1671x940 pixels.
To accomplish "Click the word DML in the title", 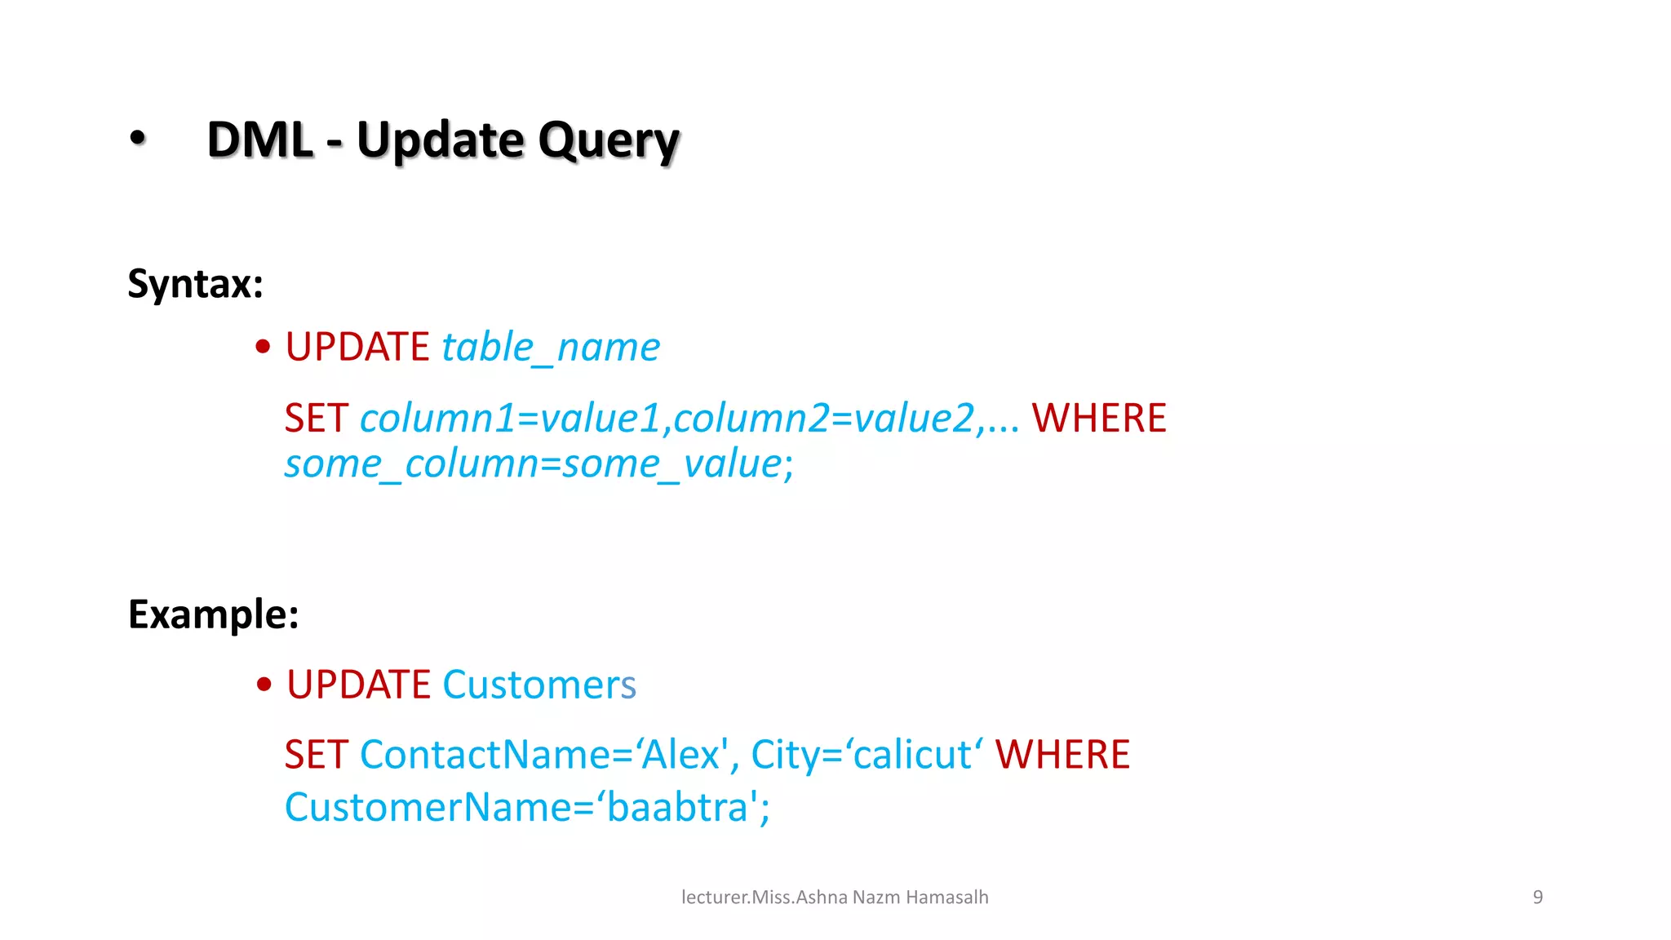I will (260, 140).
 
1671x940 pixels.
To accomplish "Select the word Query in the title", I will (609, 141).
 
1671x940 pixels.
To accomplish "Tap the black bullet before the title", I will (138, 138).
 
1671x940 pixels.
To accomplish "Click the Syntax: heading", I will (196, 284).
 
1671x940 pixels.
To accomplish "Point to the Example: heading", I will (214, 614).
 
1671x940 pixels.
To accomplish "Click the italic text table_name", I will (551, 348).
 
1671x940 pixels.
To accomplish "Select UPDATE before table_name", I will (357, 348).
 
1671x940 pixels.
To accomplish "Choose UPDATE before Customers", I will (358, 685).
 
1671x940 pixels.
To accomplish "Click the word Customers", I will (539, 685).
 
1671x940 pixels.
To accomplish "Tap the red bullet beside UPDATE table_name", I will (263, 347).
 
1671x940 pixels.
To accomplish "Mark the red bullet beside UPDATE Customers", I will (264, 684).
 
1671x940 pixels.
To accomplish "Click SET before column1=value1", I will (317, 419).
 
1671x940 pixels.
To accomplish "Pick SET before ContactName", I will (317, 755).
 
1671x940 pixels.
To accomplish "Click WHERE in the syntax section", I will (1099, 419).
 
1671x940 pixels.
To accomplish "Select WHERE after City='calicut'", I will (1062, 755).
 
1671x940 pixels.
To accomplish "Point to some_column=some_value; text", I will (539, 464).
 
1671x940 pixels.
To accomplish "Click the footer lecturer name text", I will (835, 898).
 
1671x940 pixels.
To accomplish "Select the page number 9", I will (1538, 898).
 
